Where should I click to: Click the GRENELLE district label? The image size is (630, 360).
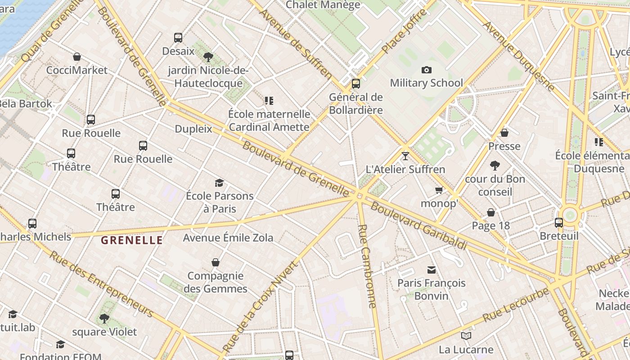(131, 240)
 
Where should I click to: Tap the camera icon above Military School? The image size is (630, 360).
(426, 70)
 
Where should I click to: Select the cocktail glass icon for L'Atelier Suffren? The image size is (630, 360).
(405, 156)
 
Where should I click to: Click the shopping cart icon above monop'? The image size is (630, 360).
(439, 190)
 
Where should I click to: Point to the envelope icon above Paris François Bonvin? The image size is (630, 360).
(432, 270)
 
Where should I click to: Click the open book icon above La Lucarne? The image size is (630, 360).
(466, 336)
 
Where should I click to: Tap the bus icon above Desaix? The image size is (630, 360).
(178, 38)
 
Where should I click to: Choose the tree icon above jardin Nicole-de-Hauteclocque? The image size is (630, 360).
(208, 57)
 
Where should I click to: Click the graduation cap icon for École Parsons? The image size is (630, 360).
(219, 183)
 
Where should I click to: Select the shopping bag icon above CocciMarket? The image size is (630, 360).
(77, 57)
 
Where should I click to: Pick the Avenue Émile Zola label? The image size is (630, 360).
(228, 238)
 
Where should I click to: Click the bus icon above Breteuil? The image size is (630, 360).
(558, 222)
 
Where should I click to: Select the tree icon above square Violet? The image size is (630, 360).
(104, 319)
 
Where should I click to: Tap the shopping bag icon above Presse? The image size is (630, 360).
(504, 133)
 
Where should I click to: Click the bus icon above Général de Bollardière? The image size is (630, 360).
(355, 83)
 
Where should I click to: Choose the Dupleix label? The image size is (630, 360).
(193, 129)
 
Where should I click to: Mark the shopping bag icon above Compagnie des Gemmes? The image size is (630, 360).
(216, 262)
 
